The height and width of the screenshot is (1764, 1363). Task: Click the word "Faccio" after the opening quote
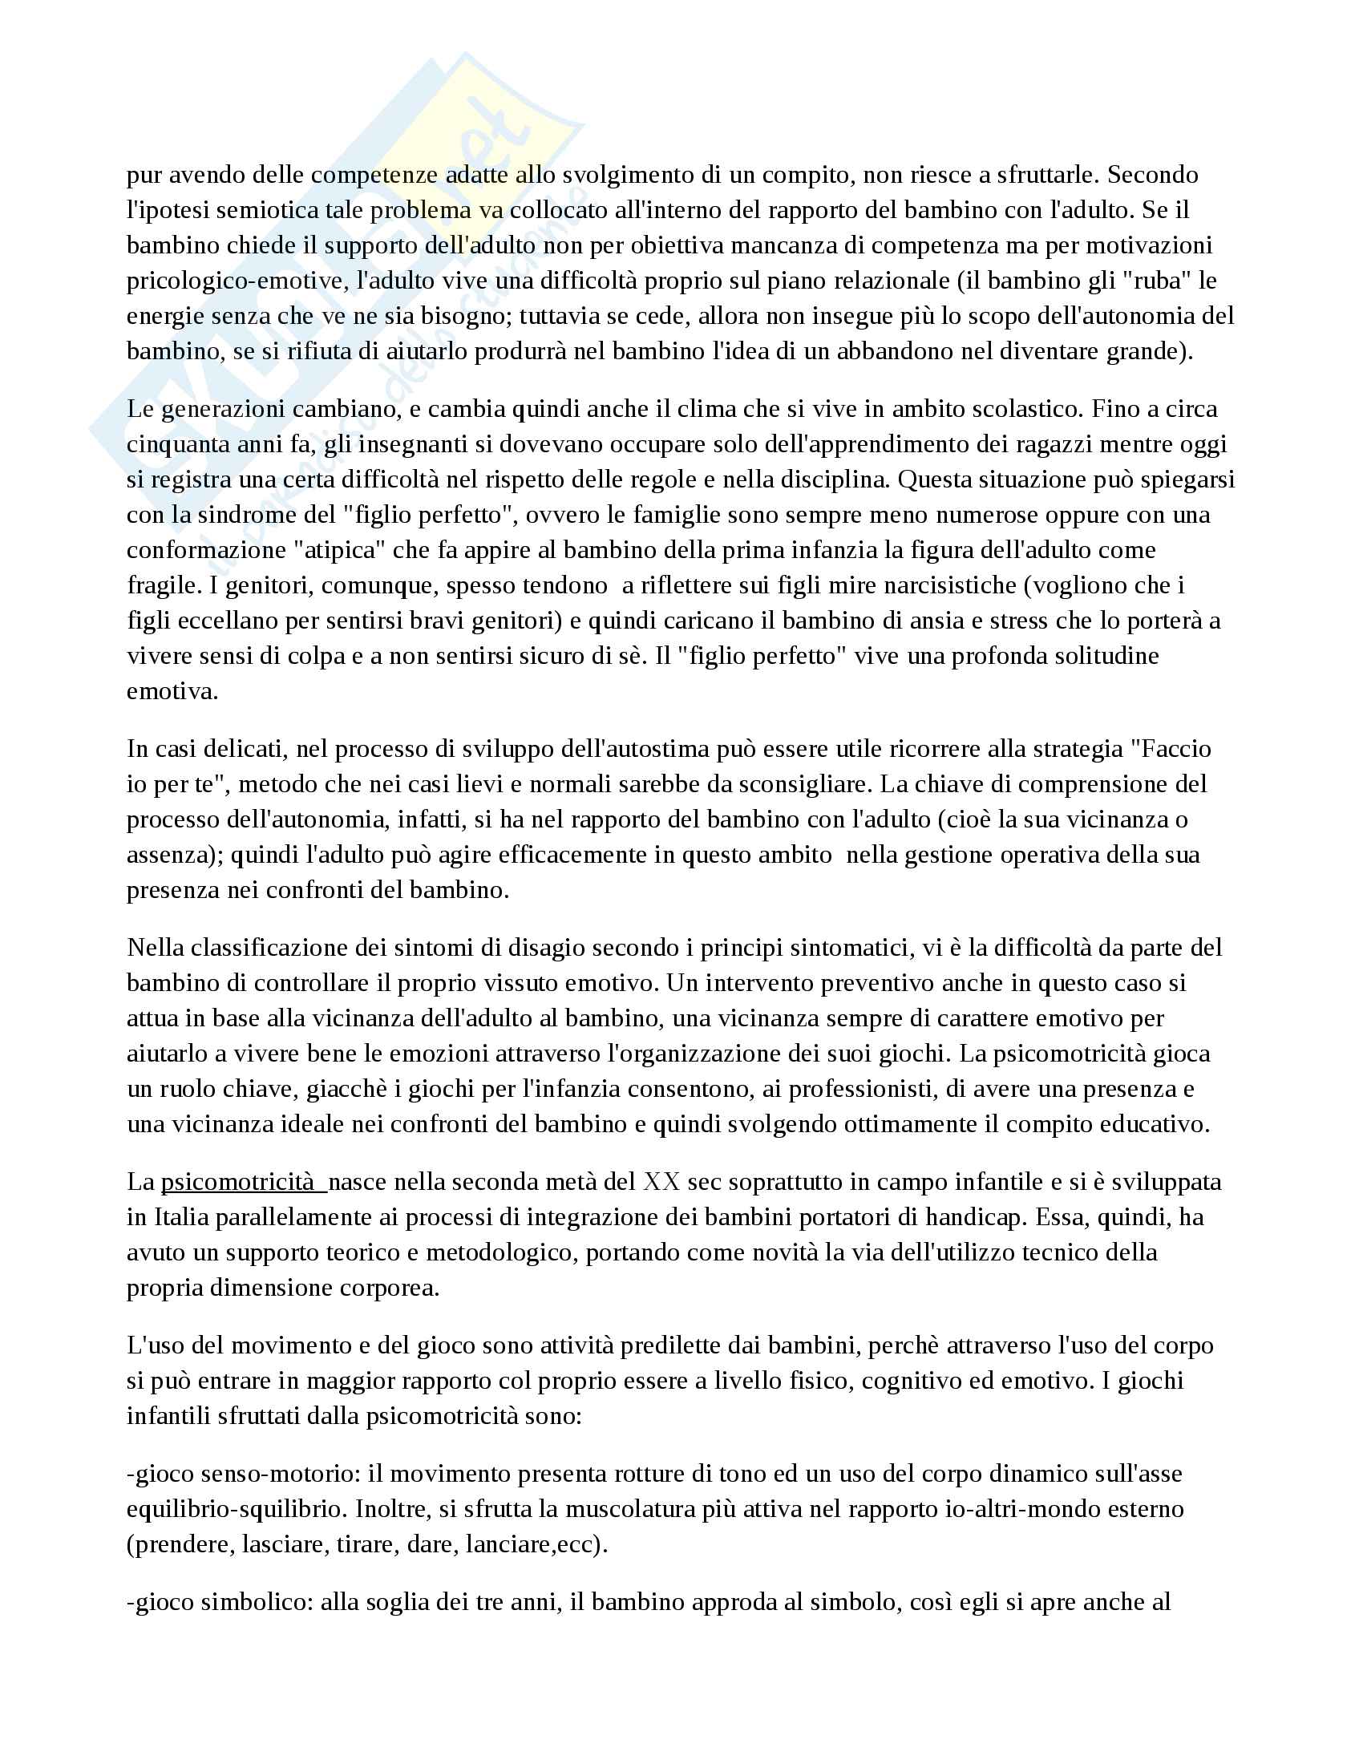click(1176, 749)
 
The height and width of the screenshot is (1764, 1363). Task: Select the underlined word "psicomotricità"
click(237, 1182)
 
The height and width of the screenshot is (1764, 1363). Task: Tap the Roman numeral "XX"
click(661, 1182)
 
